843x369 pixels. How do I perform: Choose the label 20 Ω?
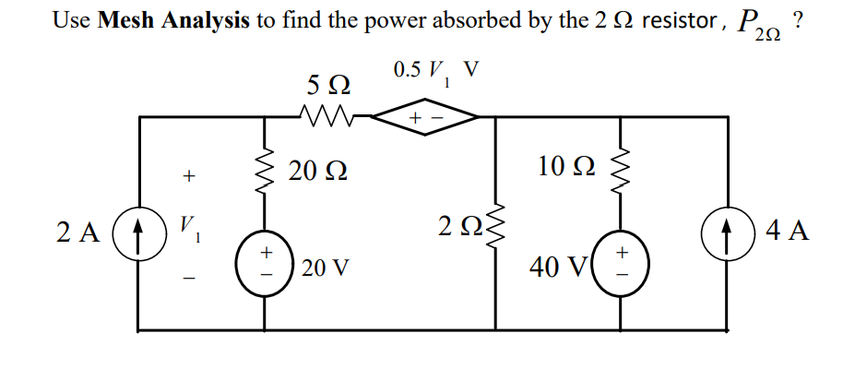(x=317, y=172)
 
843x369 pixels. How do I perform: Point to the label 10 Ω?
(x=566, y=167)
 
